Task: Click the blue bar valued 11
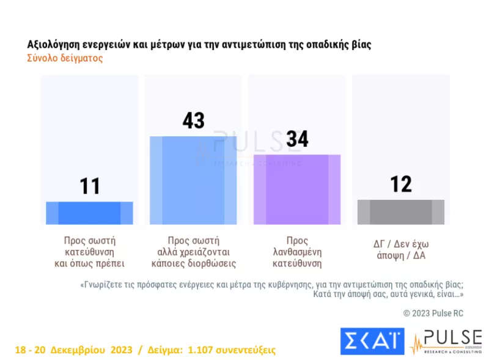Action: [89, 213]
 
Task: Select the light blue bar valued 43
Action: [193, 180]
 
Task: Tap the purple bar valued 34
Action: [297, 189]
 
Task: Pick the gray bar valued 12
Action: [401, 212]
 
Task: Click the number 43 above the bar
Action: [193, 120]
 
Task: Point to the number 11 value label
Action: [90, 186]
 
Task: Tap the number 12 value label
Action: [401, 184]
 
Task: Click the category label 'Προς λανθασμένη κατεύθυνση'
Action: [297, 252]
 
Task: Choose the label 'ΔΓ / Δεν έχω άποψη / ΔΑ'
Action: [401, 246]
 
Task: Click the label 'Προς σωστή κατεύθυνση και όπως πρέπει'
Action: [89, 252]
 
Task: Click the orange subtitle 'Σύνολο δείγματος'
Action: [65, 59]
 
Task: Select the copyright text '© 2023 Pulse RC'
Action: [433, 313]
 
